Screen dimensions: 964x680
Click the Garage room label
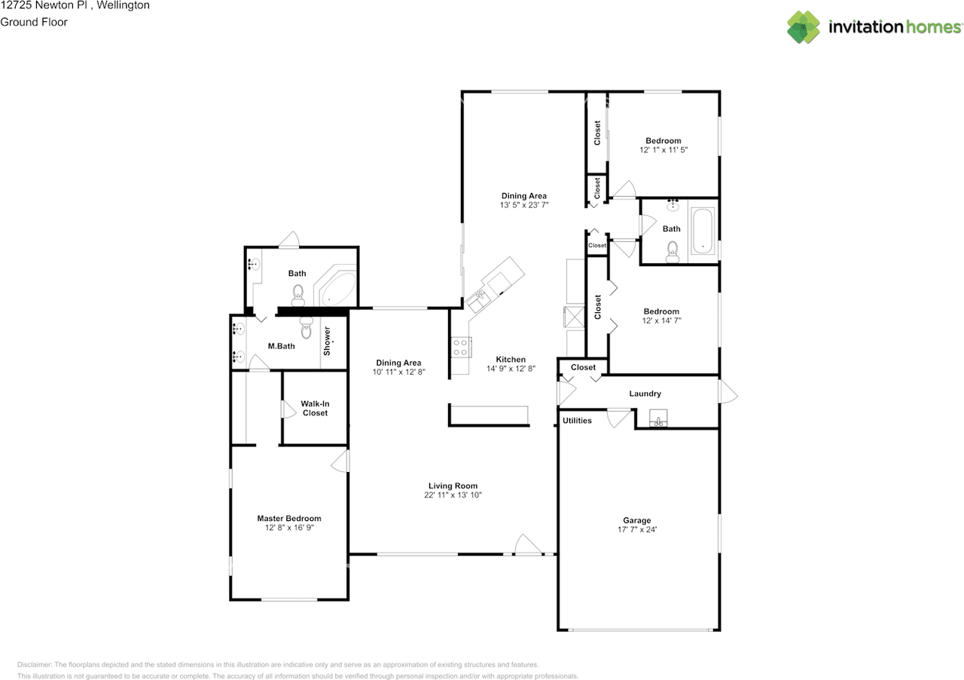(x=637, y=520)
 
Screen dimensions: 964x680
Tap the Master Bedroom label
(x=289, y=519)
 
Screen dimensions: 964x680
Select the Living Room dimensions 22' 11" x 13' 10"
(x=453, y=495)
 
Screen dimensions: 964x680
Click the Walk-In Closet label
(x=315, y=408)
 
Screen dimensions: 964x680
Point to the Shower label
(x=327, y=341)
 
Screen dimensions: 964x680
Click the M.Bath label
(x=282, y=346)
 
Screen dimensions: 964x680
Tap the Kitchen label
(x=511, y=360)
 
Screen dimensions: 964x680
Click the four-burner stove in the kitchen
(x=460, y=348)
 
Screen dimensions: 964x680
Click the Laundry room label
(x=645, y=394)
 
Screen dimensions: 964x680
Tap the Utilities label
(x=577, y=421)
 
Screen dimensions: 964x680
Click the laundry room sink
(x=658, y=418)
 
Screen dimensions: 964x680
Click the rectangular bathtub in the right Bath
(x=703, y=231)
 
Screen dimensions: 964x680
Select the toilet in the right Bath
(x=673, y=252)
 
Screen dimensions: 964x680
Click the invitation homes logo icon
(x=804, y=27)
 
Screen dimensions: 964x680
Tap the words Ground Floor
(x=34, y=22)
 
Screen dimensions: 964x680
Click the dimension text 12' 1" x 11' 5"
(x=664, y=150)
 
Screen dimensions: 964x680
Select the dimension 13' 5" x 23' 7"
(x=524, y=205)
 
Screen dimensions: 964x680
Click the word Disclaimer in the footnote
(x=35, y=665)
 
